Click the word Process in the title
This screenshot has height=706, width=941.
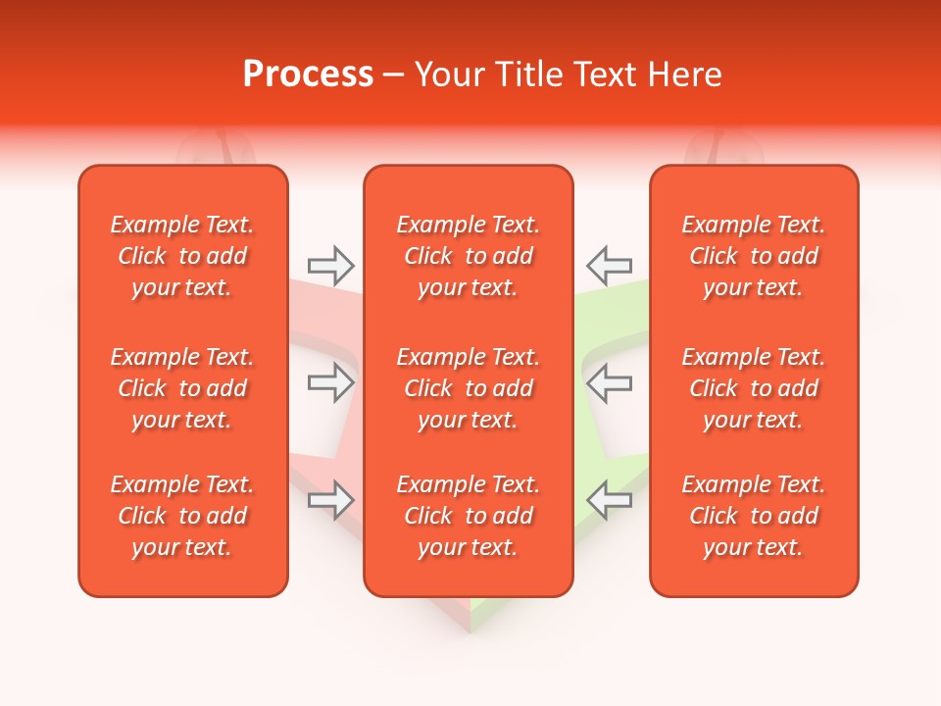(x=308, y=75)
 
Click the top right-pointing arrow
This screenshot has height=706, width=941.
(x=330, y=264)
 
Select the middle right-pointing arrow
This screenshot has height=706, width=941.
(x=330, y=382)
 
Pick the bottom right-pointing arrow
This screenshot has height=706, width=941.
(x=330, y=500)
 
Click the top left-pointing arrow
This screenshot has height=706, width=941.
(x=609, y=264)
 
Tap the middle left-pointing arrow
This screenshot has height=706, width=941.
(x=609, y=382)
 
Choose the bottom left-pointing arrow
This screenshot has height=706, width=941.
(x=609, y=500)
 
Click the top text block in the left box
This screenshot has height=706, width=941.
(x=182, y=256)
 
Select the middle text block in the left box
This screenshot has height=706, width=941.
(x=182, y=388)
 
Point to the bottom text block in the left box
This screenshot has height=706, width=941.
(x=182, y=516)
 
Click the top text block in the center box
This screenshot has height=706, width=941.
(x=469, y=256)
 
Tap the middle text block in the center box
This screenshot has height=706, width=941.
(x=469, y=388)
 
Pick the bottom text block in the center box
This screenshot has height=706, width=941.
(x=469, y=516)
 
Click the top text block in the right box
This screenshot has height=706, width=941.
(x=754, y=256)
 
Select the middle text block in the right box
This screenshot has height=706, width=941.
(x=754, y=388)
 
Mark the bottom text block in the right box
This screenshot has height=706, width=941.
(x=754, y=516)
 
